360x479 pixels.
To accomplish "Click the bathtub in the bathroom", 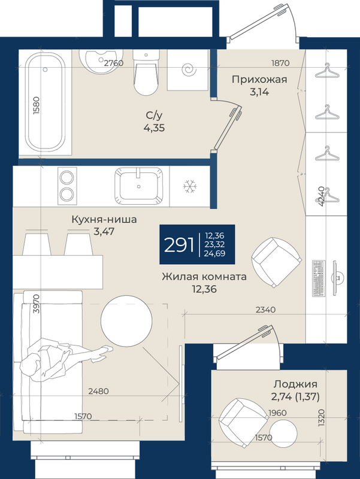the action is point(46,102).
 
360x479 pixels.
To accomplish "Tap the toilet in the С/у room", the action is point(146,72).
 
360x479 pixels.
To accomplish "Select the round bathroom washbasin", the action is point(99,62).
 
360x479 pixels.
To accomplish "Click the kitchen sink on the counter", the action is point(139,186).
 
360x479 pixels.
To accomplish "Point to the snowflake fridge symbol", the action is point(190,186).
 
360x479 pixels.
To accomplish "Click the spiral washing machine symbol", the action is point(188,70).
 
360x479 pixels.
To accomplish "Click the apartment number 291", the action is point(179,245).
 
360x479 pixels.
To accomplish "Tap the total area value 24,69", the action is point(215,253).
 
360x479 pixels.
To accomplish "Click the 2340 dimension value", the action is point(265,310).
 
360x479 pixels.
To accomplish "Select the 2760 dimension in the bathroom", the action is point(114,63).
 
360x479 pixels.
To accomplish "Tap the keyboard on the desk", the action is point(319,278).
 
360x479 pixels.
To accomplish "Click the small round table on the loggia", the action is point(283,433).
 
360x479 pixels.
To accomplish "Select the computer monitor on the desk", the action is point(338,278).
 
